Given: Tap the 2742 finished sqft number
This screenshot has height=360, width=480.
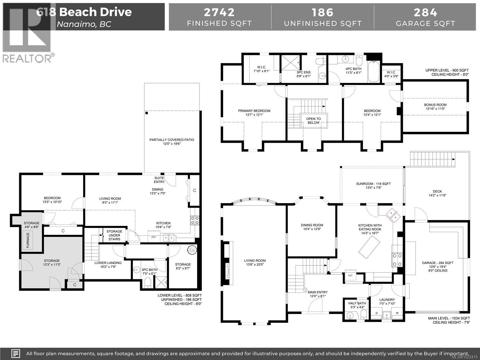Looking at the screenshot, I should point(219,12).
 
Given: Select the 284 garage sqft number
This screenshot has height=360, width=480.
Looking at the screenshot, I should point(425,12).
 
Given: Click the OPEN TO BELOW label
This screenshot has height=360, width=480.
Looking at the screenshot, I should point(313,121).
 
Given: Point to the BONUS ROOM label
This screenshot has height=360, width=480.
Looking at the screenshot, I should point(435,107).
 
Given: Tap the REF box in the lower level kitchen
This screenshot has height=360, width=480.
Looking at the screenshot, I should point(154,237).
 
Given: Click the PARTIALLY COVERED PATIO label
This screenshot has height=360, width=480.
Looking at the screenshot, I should point(172,142).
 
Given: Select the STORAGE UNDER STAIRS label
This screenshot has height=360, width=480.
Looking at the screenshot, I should point(114,235).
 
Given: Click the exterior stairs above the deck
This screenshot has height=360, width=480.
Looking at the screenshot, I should point(432,157).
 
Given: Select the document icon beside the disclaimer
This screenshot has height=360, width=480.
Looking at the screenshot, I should point(16,353).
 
